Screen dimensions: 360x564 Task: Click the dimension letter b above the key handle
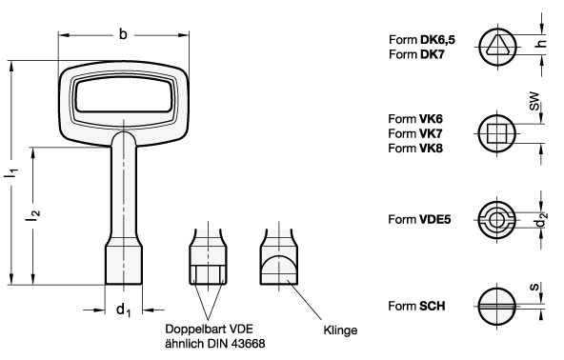(x=123, y=34)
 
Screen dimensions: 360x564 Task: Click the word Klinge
(x=339, y=331)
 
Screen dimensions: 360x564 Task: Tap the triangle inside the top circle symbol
(x=496, y=45)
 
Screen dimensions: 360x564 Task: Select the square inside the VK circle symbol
(x=496, y=133)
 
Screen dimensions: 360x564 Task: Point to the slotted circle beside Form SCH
(x=496, y=307)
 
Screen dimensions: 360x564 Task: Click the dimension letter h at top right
(x=540, y=44)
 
